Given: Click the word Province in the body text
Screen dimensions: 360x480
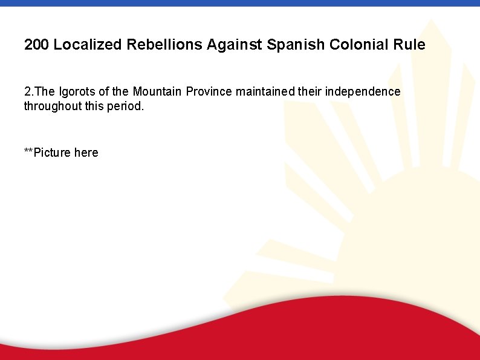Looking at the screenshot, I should (209, 92).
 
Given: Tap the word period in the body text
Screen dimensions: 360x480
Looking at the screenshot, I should (126, 106).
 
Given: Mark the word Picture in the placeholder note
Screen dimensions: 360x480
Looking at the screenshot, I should (53, 152).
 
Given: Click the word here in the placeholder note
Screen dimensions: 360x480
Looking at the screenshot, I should (86, 152).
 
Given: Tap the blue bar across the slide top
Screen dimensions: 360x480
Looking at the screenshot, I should (240, 3).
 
